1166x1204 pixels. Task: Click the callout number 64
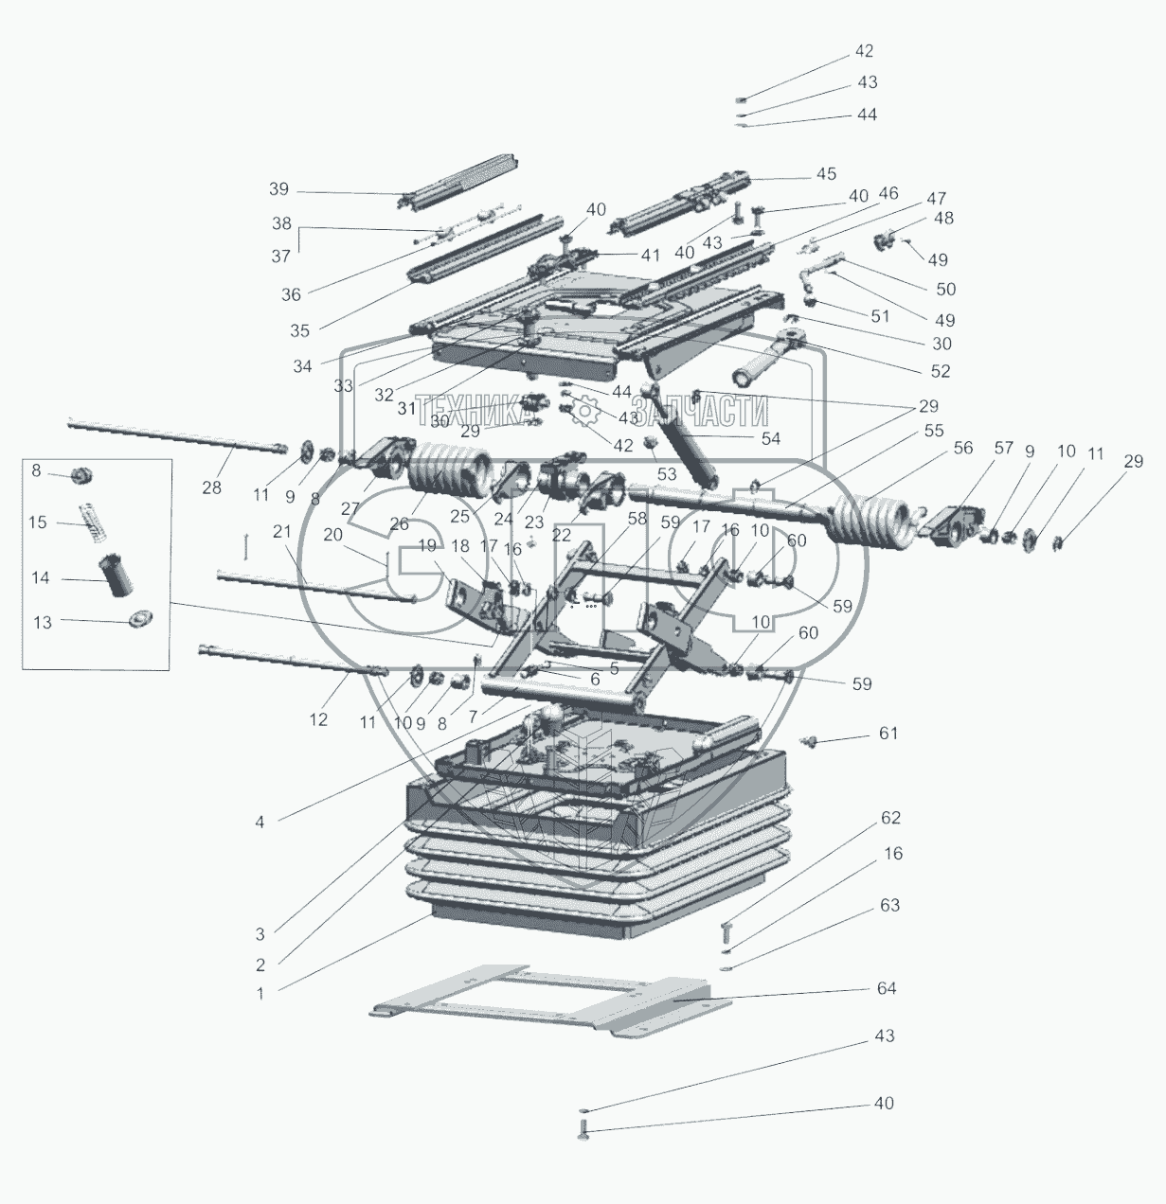click(x=887, y=989)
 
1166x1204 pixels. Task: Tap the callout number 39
click(x=278, y=189)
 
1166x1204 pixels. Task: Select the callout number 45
click(x=826, y=174)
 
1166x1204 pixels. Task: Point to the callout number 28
click(x=212, y=487)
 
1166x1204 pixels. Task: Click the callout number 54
click(x=770, y=438)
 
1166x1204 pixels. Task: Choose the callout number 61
click(x=888, y=734)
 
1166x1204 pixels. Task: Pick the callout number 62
click(x=890, y=818)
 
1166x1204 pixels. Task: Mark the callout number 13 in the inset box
click(x=42, y=623)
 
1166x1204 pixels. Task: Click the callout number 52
click(x=940, y=371)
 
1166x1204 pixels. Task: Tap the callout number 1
click(x=260, y=994)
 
